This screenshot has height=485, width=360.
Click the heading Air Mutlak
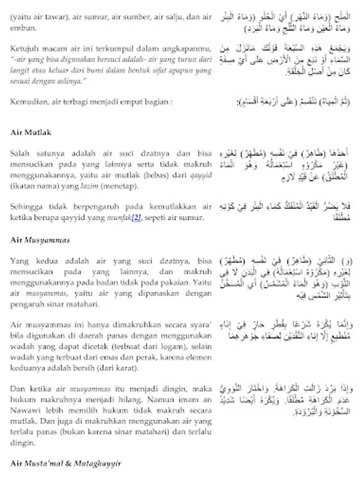[x=31, y=132]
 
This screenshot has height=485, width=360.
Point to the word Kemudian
[x=26, y=101]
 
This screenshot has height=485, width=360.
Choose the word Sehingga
[x=26, y=207]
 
